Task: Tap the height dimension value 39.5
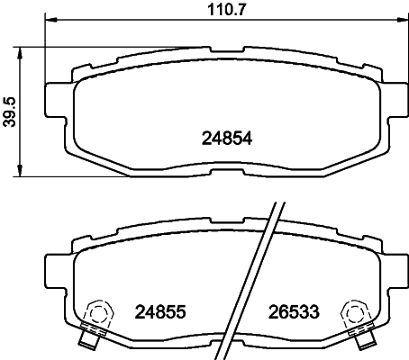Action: [10, 111]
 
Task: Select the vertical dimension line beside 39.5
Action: [23, 111]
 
